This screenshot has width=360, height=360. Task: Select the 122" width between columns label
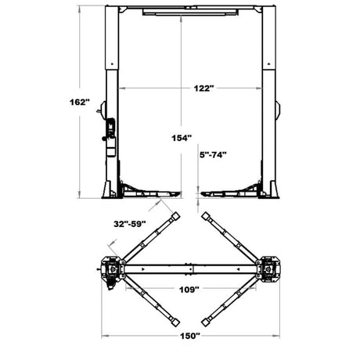pos(203,88)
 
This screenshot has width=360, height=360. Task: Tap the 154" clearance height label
pos(182,138)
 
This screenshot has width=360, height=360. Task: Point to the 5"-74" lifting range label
pos(213,155)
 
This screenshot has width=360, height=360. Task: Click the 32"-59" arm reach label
pos(129,224)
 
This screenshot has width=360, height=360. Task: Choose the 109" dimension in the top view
pos(189,290)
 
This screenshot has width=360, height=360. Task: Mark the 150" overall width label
pos(190,336)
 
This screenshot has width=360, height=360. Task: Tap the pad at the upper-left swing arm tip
pos(175,216)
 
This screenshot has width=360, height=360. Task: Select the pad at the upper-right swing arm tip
pos(206,216)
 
